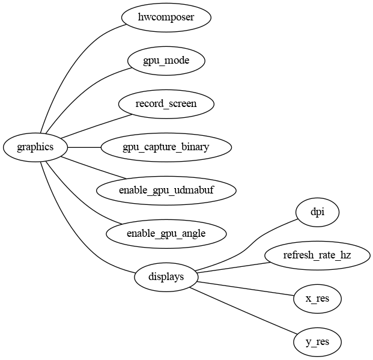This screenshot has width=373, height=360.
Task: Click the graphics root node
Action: [x=35, y=147]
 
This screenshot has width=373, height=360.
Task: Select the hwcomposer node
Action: [x=166, y=17]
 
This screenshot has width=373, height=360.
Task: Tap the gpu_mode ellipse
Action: [x=166, y=61]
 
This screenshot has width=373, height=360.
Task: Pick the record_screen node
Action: [x=166, y=104]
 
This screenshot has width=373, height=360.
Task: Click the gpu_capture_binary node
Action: [x=166, y=147]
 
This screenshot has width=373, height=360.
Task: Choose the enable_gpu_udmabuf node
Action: [x=166, y=191]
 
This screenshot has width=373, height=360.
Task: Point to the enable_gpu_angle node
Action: [x=166, y=234]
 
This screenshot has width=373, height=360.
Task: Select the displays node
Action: [x=166, y=277]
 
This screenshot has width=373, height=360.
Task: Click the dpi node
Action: [x=318, y=212]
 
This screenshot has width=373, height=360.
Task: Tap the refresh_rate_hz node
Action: [x=318, y=255]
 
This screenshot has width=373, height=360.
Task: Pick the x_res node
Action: [x=318, y=299]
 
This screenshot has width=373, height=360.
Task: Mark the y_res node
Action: [x=318, y=342]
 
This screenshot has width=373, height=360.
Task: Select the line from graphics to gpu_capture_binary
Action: [x=83, y=147]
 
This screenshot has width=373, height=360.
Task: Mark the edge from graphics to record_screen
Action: [x=90, y=127]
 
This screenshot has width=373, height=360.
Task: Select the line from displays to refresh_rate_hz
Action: [x=234, y=267]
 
